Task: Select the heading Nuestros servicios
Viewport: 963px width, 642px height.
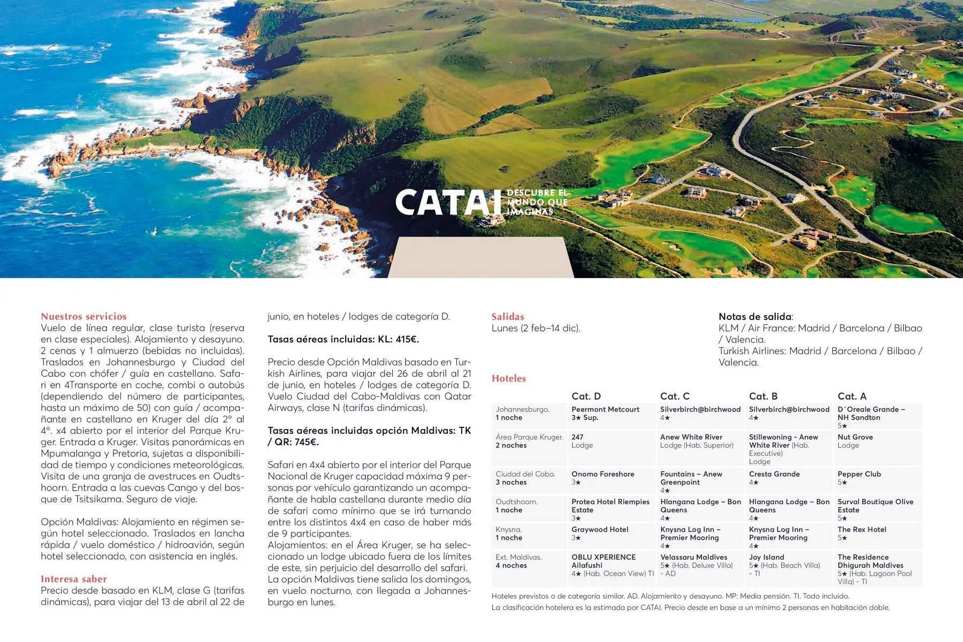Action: [83, 316]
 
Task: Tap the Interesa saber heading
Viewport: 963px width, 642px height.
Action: [74, 579]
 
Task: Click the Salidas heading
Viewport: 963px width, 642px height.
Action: [508, 316]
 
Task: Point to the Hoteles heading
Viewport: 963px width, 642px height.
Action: [509, 378]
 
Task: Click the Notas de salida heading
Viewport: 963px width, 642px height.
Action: [755, 316]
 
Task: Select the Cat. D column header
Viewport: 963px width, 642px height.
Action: [586, 396]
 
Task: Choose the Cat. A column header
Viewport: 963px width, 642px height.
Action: [852, 396]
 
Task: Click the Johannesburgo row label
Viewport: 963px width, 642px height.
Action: [522, 413]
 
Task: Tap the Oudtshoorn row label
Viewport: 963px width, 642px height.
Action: [517, 506]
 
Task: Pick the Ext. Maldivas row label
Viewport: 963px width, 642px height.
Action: [518, 561]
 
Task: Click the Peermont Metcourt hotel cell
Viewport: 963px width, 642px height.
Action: [605, 413]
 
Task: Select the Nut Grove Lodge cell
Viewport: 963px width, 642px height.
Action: [855, 441]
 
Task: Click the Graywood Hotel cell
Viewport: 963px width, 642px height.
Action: [600, 533]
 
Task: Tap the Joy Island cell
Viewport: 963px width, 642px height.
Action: [767, 561]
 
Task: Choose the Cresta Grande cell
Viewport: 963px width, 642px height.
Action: [774, 478]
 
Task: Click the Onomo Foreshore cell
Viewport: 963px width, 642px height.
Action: [602, 478]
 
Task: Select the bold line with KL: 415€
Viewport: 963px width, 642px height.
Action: [343, 339]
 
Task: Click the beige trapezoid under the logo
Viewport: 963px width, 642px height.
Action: [480, 258]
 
